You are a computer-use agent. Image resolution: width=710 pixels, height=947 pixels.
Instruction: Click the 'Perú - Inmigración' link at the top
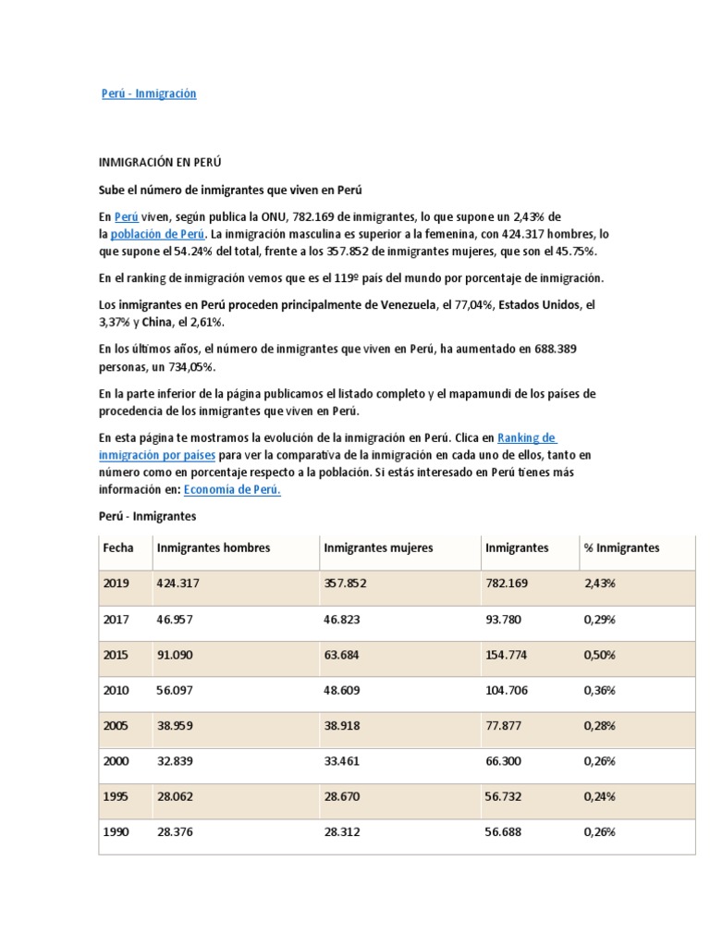coord(149,93)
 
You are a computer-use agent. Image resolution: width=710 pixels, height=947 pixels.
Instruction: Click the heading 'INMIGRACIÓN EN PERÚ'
coord(161,161)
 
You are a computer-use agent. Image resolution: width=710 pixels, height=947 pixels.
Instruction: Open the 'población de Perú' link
coord(158,233)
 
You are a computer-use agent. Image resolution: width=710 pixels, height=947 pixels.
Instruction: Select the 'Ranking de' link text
coord(526,437)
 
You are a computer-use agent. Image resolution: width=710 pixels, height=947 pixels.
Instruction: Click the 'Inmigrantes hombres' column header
coord(214,547)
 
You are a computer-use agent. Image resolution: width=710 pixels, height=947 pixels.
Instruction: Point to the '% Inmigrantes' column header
coord(621,547)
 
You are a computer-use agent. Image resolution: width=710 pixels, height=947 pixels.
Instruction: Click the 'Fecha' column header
coord(118,547)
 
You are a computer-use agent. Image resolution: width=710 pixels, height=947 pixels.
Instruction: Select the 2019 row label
coord(116,584)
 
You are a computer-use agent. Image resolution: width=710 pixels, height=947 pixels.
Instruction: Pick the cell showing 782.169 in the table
coord(506,584)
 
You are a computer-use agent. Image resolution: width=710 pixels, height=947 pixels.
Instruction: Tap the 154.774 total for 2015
coord(506,654)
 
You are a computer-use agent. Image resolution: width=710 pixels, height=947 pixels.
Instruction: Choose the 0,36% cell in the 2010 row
coord(600,690)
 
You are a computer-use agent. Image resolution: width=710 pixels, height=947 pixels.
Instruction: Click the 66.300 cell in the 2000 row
coord(503,761)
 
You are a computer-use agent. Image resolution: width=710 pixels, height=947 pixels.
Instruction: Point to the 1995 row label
coord(116,796)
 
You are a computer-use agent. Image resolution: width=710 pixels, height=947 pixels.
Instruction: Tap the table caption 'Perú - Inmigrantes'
coord(148,515)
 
